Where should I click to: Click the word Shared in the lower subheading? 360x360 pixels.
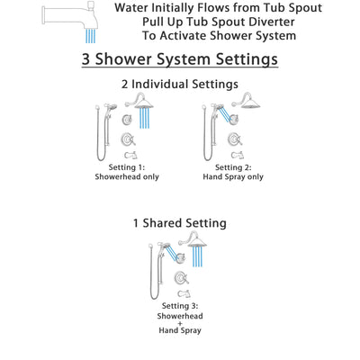(185, 223)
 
